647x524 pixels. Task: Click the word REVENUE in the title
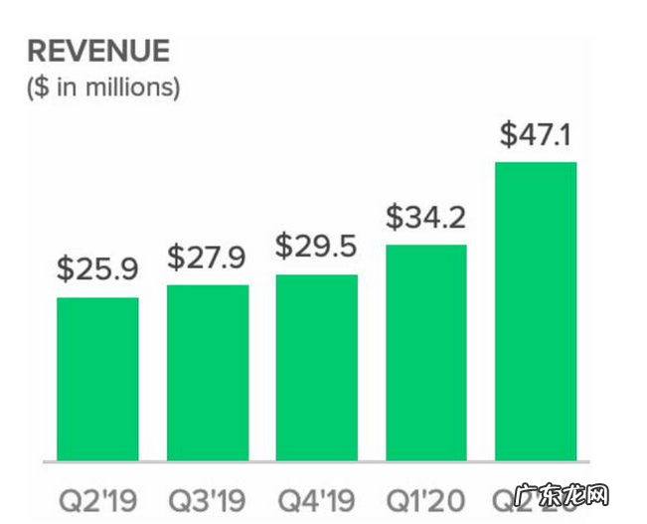pos(98,51)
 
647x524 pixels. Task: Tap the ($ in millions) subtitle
pos(103,87)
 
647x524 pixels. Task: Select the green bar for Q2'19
pos(97,379)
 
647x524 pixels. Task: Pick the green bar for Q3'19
pos(208,373)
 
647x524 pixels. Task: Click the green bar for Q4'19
pos(317,368)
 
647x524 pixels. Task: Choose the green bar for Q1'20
pos(426,353)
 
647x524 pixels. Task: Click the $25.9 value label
pos(97,268)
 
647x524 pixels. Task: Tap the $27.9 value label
pos(208,258)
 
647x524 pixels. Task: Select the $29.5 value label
pos(317,246)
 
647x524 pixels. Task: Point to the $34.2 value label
pos(426,215)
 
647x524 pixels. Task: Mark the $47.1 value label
pos(536,134)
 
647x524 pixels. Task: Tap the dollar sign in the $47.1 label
pos(507,134)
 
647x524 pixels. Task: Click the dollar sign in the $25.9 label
pos(66,268)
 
